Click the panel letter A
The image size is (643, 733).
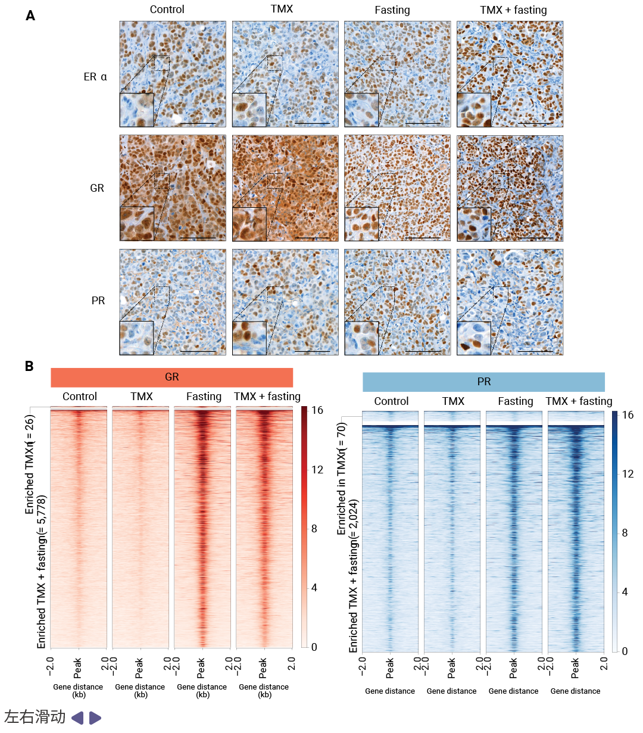[x=30, y=16]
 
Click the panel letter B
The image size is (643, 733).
[x=29, y=366]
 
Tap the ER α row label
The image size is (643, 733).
[x=95, y=77]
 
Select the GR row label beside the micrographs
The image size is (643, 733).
[x=97, y=188]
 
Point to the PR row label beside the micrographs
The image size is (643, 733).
[x=98, y=301]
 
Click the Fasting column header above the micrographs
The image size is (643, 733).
[x=392, y=10]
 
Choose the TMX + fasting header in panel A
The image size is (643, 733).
[x=513, y=10]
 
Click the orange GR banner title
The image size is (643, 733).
[x=171, y=377]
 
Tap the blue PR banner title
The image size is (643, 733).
[x=483, y=382]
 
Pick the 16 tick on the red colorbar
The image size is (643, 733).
[x=317, y=410]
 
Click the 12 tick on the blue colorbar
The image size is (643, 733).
[x=628, y=474]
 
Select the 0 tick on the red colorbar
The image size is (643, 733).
[x=314, y=647]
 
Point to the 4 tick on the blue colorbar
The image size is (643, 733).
[x=625, y=592]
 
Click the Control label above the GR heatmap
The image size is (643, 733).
[x=79, y=397]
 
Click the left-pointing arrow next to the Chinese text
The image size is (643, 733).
[x=77, y=718]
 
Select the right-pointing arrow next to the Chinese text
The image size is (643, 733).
[x=95, y=718]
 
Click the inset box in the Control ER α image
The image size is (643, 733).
[x=137, y=110]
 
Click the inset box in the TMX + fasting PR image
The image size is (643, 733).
[x=474, y=338]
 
